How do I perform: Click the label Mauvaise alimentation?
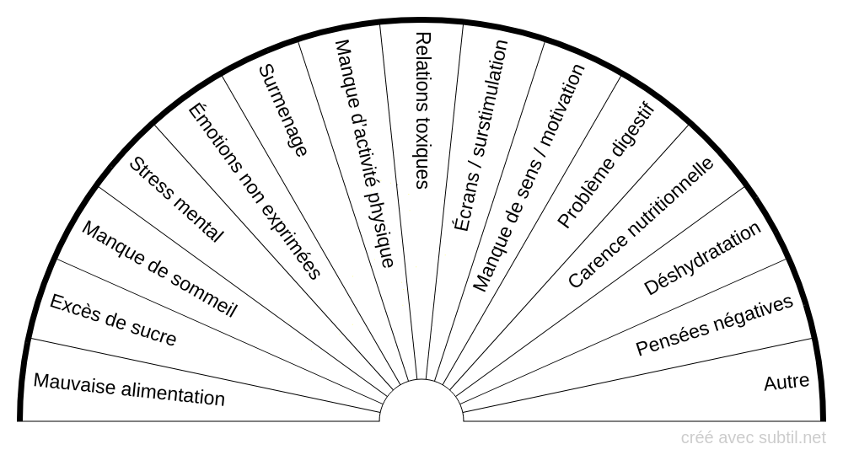pos(129,389)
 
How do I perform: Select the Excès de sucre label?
pos(113,320)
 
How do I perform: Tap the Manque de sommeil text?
pos(159,269)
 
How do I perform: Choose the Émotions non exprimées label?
pos(254,190)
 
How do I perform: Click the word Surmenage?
pos(283,110)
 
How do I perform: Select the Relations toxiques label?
pos(422,110)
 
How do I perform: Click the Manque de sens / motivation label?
pos(529,178)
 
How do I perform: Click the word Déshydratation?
pos(702,259)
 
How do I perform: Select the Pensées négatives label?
pos(715,325)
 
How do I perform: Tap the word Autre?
pos(787,382)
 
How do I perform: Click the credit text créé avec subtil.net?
pos(754,437)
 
